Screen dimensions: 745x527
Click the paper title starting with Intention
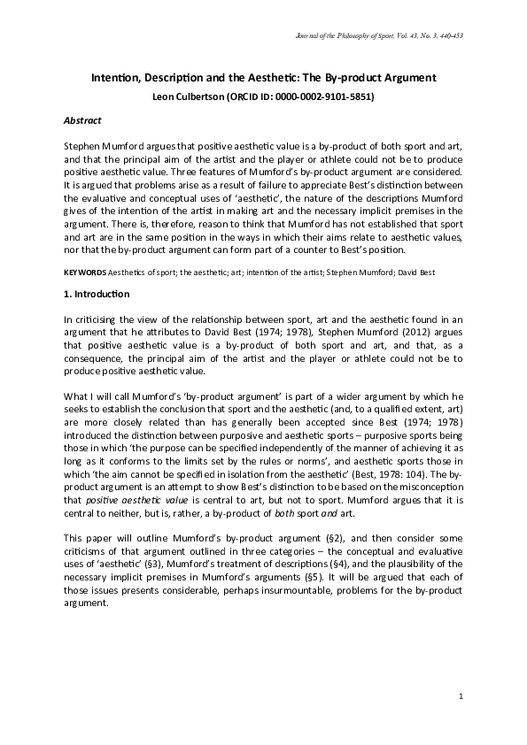pos(264,79)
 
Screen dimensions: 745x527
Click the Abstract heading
pos(83,119)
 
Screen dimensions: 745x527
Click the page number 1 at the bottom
pos(461,698)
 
